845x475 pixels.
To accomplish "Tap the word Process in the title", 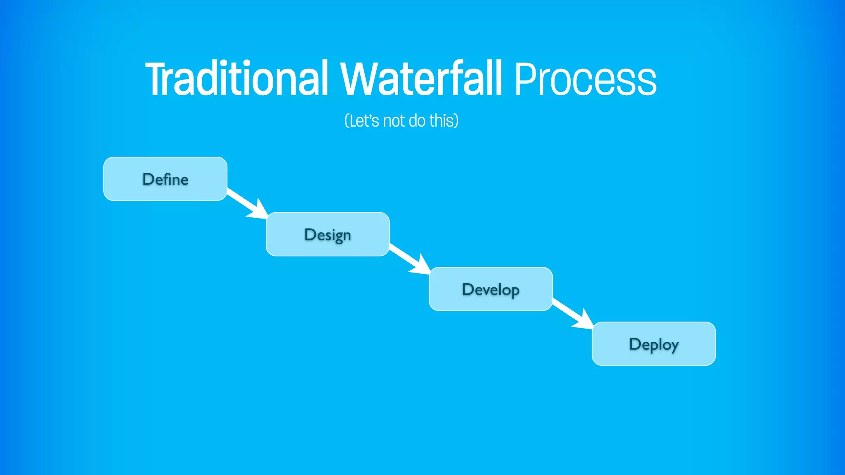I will coord(585,79).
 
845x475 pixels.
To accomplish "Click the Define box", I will coord(165,179).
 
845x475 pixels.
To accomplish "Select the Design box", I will coord(328,234).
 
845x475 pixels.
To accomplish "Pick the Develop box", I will coord(491,289).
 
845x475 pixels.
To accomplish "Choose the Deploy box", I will coord(654,344).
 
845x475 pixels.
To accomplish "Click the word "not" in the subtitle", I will coord(394,121).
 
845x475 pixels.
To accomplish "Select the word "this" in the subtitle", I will coord(441,121).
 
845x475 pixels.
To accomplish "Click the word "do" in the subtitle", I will coord(417,121).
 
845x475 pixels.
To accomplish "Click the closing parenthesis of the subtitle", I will coord(456,121).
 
